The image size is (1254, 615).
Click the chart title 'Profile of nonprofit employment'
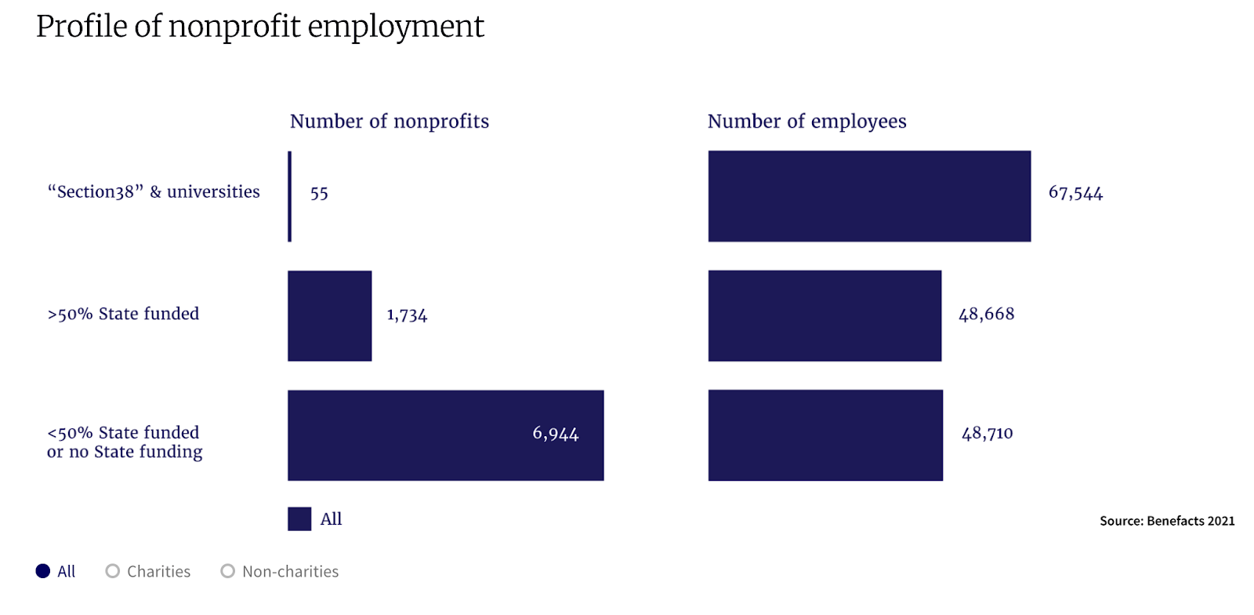(259, 27)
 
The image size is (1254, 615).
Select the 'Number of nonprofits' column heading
(389, 122)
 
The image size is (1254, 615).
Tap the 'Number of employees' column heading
(806, 122)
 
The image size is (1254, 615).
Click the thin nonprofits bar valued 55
(290, 196)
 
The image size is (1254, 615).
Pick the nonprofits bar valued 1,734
(329, 315)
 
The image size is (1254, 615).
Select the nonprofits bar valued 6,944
(445, 435)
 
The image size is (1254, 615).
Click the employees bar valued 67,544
(869, 196)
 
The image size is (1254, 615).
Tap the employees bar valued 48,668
(825, 315)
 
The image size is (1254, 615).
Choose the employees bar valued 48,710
(825, 435)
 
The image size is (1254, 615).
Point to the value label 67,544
(1075, 193)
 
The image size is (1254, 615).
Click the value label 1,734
(407, 315)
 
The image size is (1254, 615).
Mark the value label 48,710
(987, 433)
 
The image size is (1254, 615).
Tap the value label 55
(319, 193)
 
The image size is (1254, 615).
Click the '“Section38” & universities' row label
(154, 192)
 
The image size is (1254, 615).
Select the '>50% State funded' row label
(123, 314)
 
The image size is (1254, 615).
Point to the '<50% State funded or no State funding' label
(124, 442)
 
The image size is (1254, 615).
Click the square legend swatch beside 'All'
(299, 519)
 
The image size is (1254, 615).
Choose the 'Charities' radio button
(113, 571)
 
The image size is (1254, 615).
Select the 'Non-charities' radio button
(228, 571)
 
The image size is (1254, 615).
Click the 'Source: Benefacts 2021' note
(1166, 521)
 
